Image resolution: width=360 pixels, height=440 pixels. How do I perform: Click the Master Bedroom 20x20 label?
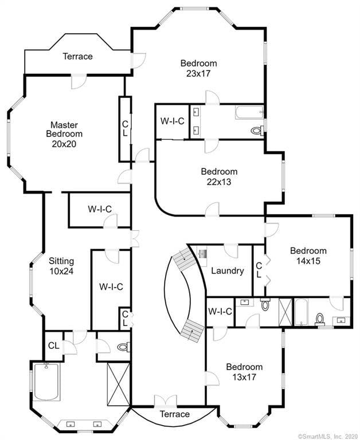click(64, 134)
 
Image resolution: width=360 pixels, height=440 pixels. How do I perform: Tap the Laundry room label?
click(228, 271)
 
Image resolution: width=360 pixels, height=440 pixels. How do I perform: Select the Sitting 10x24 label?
click(61, 266)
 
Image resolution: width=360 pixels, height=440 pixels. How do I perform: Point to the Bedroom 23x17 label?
click(198, 68)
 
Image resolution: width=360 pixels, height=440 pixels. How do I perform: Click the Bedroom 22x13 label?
click(219, 176)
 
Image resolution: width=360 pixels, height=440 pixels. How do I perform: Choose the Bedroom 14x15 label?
click(308, 256)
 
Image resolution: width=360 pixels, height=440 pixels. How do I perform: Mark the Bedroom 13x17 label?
click(244, 372)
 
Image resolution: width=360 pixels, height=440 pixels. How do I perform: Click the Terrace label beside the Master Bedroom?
click(77, 56)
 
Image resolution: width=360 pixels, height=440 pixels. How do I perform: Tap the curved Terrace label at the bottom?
click(175, 414)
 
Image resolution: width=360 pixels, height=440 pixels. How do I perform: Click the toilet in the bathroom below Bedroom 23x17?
click(257, 131)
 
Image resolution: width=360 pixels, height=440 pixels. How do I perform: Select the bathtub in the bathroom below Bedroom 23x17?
click(249, 112)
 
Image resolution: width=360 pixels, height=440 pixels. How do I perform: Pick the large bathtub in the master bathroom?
click(46, 381)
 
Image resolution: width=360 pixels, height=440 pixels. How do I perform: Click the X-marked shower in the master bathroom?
click(119, 384)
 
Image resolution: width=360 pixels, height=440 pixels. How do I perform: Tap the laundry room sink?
click(202, 254)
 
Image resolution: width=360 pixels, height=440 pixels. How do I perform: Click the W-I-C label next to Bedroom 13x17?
click(220, 312)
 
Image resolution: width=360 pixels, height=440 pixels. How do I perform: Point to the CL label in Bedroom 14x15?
click(259, 270)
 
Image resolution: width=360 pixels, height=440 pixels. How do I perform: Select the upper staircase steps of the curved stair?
click(183, 258)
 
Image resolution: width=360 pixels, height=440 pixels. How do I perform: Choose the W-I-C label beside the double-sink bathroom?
click(173, 121)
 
